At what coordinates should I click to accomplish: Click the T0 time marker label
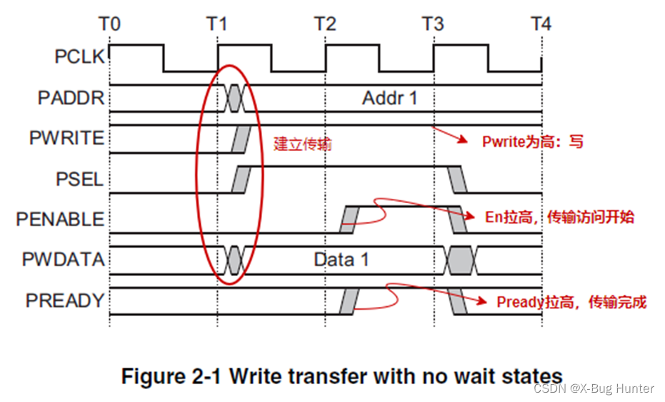[x=109, y=24]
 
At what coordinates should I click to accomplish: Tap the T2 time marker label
[x=325, y=24]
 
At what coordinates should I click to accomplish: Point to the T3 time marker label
[x=433, y=24]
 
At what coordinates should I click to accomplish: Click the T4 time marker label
[x=541, y=24]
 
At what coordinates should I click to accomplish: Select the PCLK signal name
[x=79, y=57]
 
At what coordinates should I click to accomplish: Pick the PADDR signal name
[x=71, y=97]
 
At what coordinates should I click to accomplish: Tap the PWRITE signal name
[x=66, y=137]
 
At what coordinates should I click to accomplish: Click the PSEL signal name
[x=79, y=178]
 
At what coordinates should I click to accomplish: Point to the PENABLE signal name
[x=60, y=219]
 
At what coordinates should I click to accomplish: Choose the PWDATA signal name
[x=63, y=260]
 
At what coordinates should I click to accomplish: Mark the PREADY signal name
[x=65, y=300]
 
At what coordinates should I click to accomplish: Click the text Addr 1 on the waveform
[x=389, y=97]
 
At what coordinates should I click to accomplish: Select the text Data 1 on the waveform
[x=341, y=259]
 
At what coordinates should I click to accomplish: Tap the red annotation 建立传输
[x=303, y=144]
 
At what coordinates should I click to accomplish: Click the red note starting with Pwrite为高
[x=533, y=142]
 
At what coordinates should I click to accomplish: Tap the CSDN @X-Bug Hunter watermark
[x=594, y=388]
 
